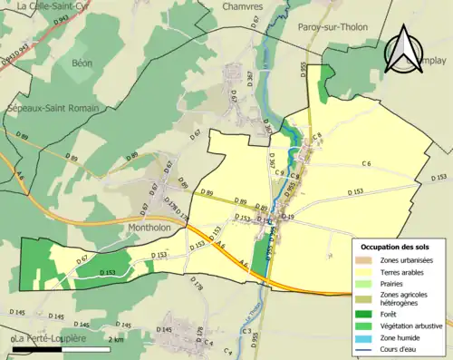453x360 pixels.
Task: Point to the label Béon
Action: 82,63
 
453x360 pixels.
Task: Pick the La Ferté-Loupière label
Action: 51,339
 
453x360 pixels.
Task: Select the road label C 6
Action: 366,164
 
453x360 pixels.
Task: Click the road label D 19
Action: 289,218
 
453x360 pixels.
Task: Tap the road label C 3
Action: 246,332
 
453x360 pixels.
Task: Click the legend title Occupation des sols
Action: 397,247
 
